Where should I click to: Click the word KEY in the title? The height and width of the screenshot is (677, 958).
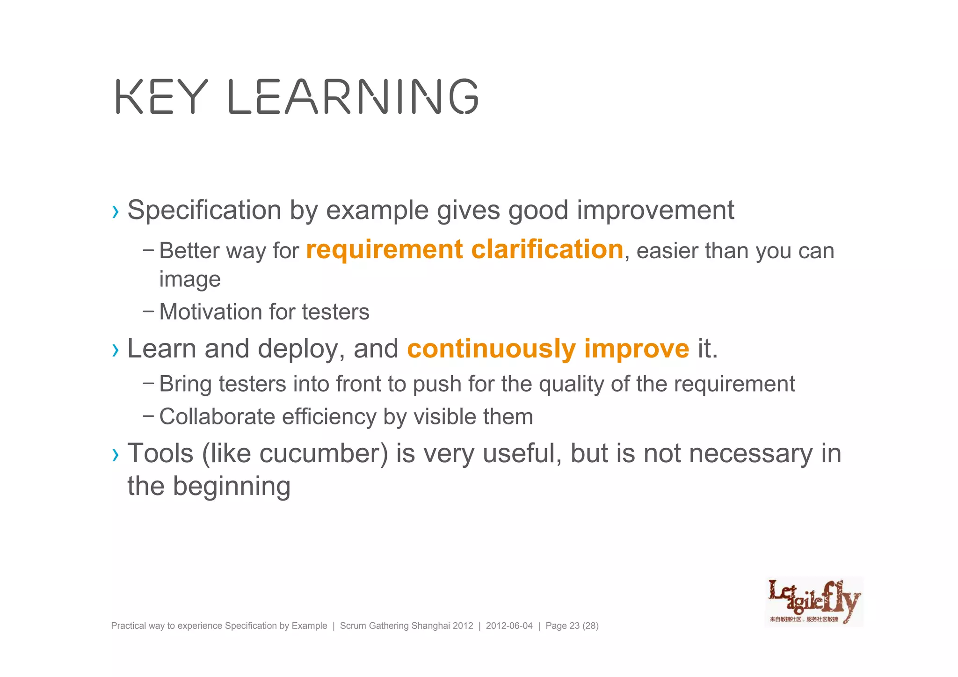pos(161,97)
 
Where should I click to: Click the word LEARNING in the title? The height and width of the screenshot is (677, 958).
pos(354,97)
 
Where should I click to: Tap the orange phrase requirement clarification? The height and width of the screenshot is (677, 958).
pos(464,249)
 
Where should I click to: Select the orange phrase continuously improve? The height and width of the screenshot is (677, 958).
pos(548,349)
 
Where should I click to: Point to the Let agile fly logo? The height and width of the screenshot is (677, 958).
pos(813,602)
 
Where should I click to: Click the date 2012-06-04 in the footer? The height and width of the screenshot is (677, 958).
pos(509,626)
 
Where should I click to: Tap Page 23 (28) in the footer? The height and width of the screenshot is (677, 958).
pos(572,626)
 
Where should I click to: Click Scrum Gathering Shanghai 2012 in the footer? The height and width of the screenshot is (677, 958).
pos(406,626)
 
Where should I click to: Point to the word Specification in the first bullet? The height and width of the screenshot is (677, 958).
pos(204,210)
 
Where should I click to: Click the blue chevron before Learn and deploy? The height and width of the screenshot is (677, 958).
pos(116,350)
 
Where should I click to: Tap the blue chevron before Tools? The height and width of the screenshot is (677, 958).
pos(116,455)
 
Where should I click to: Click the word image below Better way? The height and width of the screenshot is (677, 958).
pos(189,280)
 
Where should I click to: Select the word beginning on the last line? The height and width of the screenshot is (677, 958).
pos(232,487)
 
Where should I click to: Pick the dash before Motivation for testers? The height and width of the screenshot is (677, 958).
pos(148,310)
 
